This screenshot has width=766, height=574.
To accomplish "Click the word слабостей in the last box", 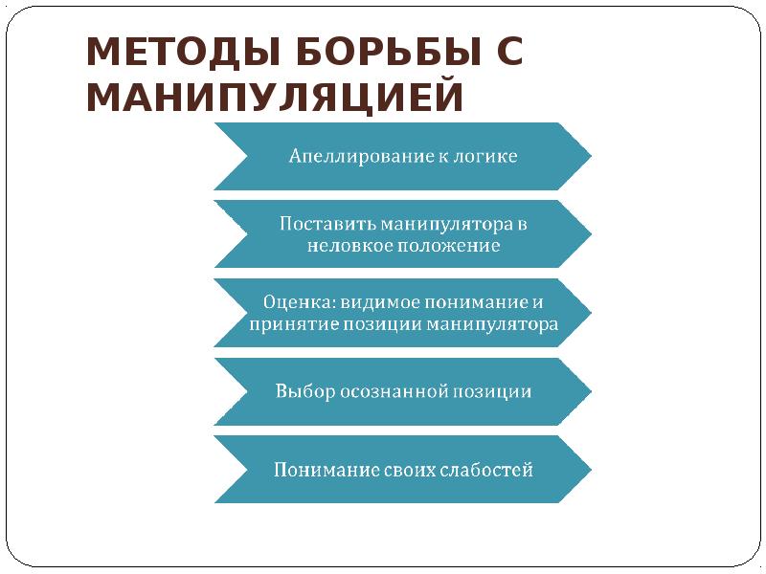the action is [x=487, y=470].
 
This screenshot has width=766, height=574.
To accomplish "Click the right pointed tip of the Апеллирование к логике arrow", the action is [x=590, y=156].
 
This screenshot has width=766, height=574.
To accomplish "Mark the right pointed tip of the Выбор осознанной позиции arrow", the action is [x=590, y=391].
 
